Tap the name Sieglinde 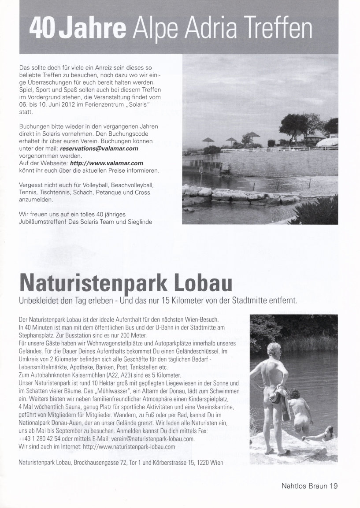click(x=139, y=222)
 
